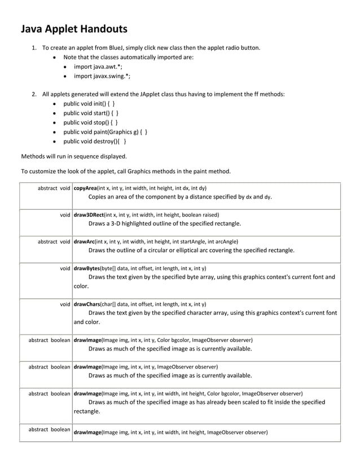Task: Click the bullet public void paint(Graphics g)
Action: coord(106,132)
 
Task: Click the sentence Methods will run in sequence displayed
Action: coord(74,156)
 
